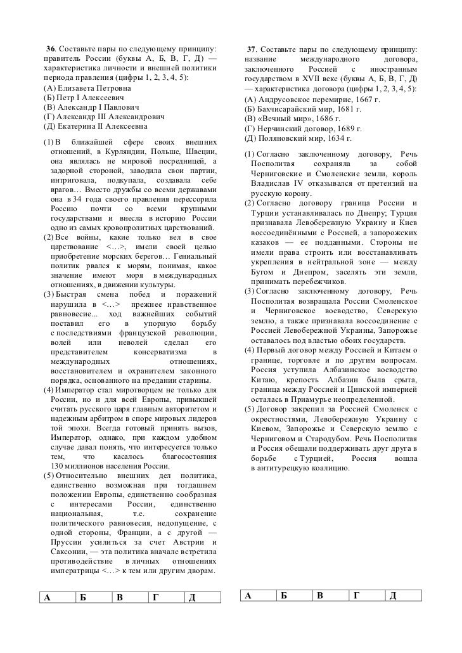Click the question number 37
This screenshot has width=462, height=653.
tap(252, 49)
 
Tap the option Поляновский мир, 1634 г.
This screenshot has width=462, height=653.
tap(297, 138)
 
